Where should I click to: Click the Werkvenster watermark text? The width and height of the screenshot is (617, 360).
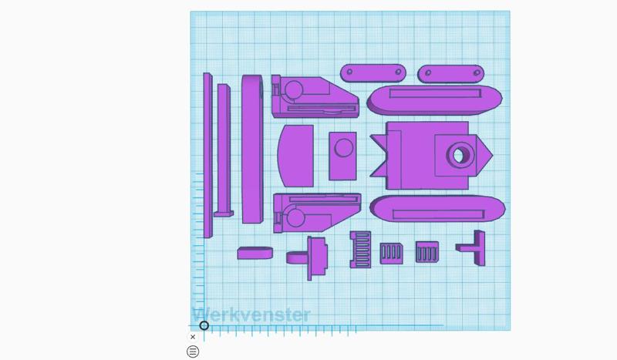[x=251, y=315]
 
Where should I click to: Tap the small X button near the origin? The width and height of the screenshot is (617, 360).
[x=193, y=337]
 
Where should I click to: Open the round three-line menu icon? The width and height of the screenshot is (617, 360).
[x=193, y=352]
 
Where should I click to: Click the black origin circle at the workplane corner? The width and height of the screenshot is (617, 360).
[x=204, y=325]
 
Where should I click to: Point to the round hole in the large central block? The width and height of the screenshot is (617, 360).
[x=459, y=156]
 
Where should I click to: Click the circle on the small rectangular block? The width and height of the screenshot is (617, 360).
[x=343, y=148]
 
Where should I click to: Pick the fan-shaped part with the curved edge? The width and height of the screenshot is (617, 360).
[x=295, y=156]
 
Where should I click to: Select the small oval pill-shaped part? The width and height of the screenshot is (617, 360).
[x=255, y=253]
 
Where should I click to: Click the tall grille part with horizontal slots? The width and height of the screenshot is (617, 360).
[x=360, y=250]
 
